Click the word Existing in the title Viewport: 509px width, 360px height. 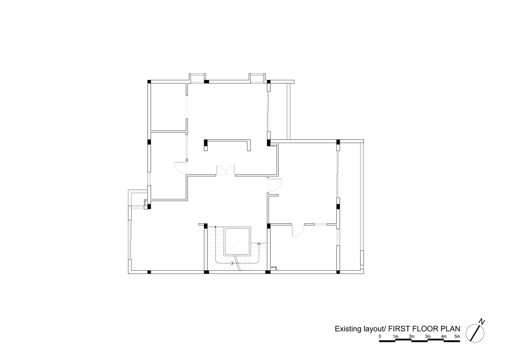tap(347, 329)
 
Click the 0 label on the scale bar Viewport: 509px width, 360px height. tap(380, 336)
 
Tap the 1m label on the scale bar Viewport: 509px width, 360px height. tap(396, 336)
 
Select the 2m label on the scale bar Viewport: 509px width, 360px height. tap(411, 336)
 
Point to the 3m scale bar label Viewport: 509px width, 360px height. tap(428, 336)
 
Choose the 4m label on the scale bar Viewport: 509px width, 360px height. tap(444, 336)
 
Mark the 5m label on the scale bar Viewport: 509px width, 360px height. tap(457, 336)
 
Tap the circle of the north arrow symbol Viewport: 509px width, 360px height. tap(466, 333)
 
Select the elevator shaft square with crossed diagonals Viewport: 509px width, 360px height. tap(238, 241)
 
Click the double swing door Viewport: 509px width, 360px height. tap(226, 170)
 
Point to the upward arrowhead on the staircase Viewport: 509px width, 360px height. tap(258, 244)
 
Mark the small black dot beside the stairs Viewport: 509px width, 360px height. tap(215, 226)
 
